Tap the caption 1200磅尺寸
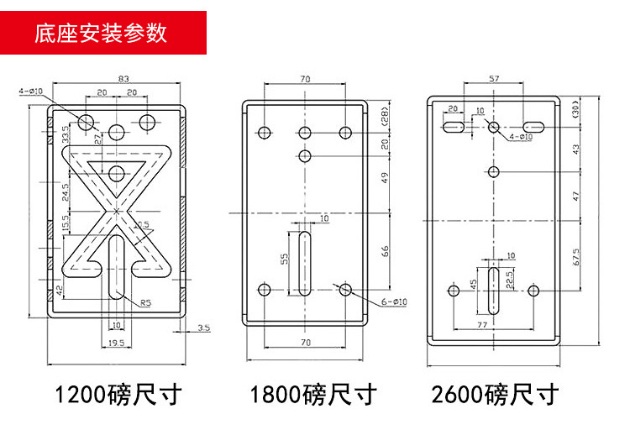[118, 393]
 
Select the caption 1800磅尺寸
[313, 393]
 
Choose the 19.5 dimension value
[116, 342]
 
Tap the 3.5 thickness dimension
[204, 327]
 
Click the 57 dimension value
[493, 78]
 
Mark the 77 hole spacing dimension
[481, 322]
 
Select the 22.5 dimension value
[509, 276]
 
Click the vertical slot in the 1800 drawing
[304, 265]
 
